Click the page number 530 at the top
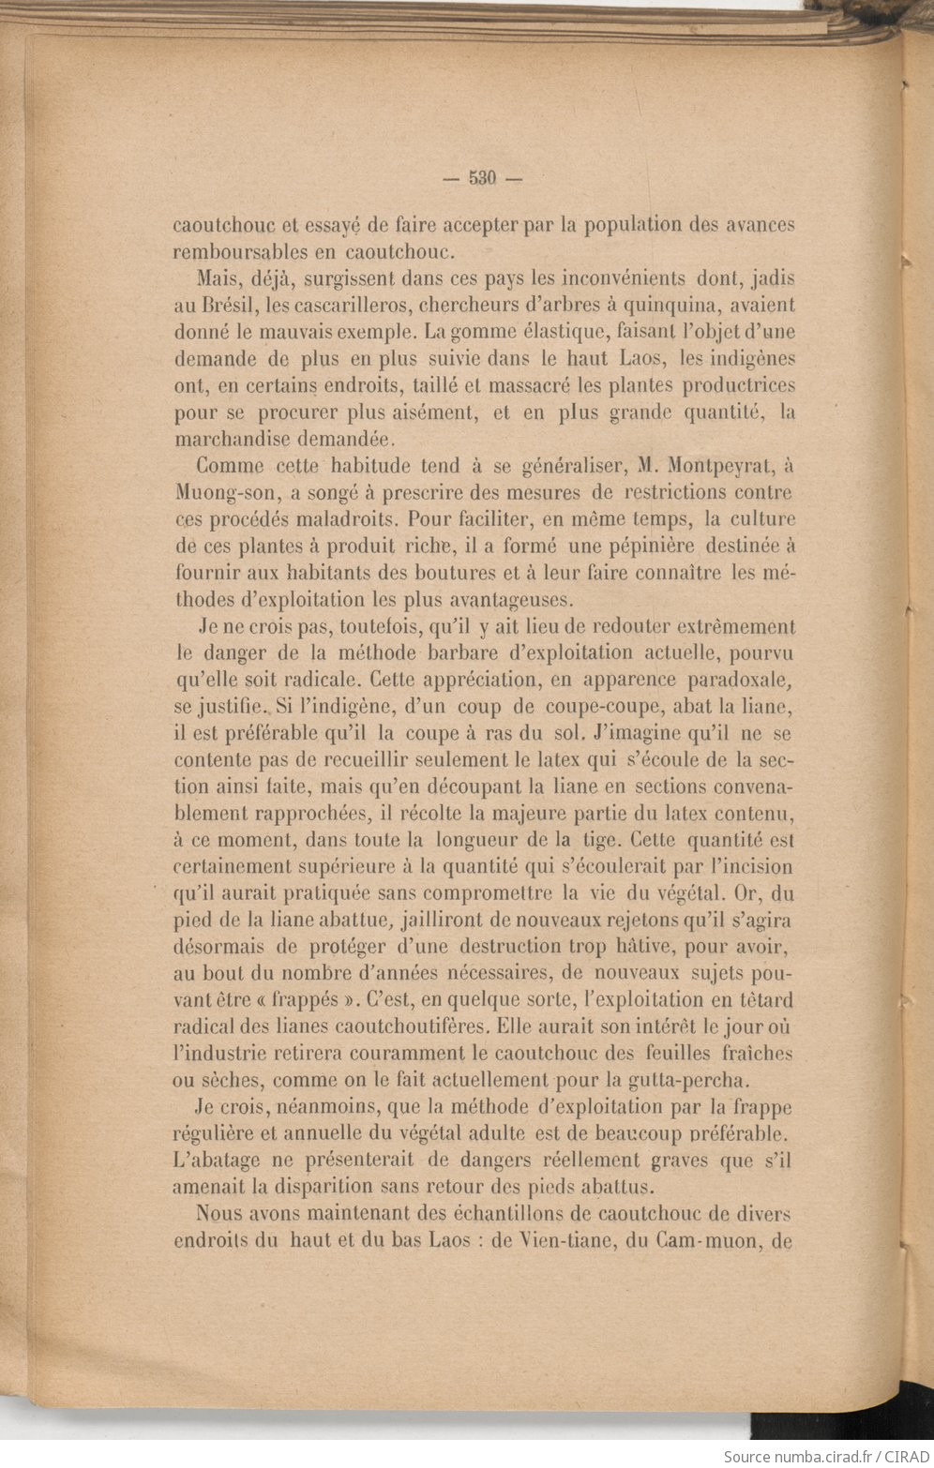[x=481, y=179]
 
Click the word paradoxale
[x=742, y=679]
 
